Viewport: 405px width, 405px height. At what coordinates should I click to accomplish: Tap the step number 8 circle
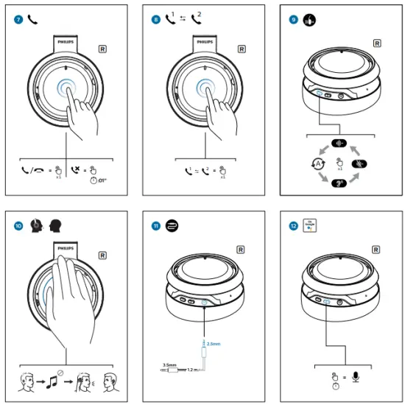155,18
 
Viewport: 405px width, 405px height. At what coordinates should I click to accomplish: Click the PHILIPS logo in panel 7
67,43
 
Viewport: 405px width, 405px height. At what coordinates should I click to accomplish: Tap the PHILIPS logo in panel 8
205,43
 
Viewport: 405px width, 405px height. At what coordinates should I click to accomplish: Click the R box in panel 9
377,43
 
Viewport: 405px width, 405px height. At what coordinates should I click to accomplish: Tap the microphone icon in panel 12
354,378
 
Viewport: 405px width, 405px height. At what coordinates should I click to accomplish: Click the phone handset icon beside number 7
32,18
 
